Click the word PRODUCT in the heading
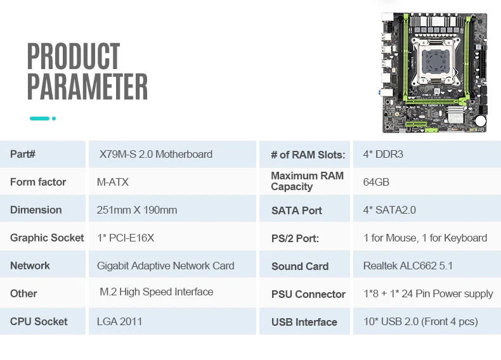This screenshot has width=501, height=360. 74,56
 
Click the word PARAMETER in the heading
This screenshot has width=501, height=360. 88,86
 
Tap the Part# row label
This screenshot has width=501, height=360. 23,154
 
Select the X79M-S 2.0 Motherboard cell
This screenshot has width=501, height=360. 156,154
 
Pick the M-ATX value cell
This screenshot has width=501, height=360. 113,182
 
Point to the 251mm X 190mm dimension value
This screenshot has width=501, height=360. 137,210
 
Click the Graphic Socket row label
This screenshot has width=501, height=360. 47,238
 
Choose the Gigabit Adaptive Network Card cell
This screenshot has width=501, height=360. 166,266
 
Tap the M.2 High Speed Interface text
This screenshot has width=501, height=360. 157,292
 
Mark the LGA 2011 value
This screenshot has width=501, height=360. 119,321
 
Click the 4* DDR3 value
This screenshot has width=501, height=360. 383,154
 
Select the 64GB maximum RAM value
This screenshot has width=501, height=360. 376,182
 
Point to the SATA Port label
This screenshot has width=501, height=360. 296,210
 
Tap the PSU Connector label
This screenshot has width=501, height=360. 308,294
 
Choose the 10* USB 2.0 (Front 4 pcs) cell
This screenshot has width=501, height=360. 420,322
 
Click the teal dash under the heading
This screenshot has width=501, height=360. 39,119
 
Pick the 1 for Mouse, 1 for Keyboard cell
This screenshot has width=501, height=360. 425,238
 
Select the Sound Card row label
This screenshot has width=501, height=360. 300,266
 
